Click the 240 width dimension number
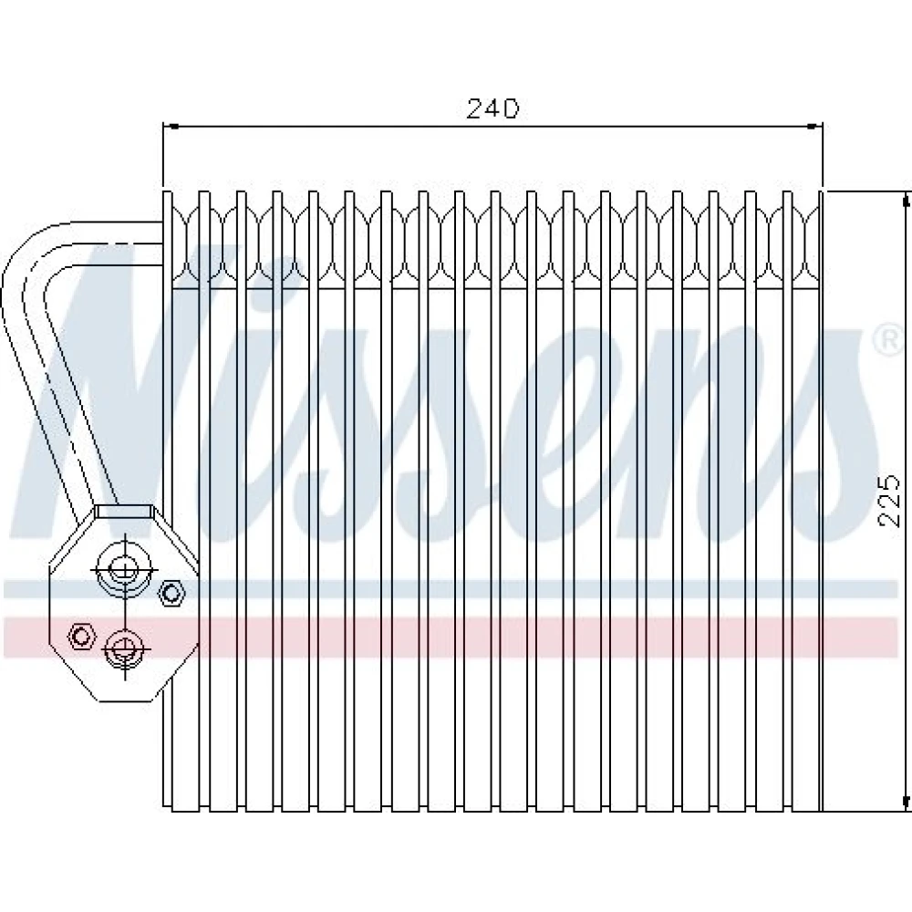click(492, 109)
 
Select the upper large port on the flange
click(123, 568)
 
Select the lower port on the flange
click(124, 648)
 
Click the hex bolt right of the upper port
click(171, 594)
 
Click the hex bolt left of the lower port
click(81, 636)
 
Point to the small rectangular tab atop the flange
click(124, 512)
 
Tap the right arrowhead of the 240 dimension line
click(815, 126)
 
